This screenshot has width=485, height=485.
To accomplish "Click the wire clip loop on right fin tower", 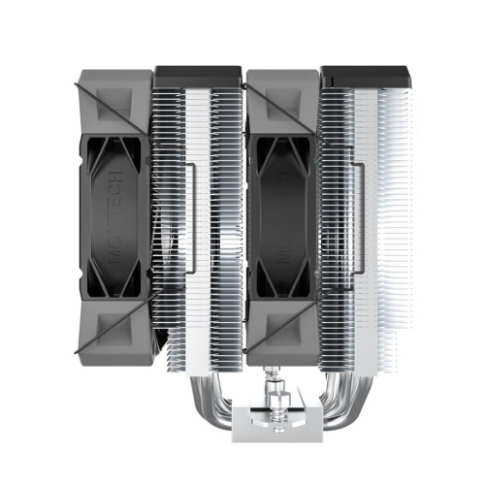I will point(360,208).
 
